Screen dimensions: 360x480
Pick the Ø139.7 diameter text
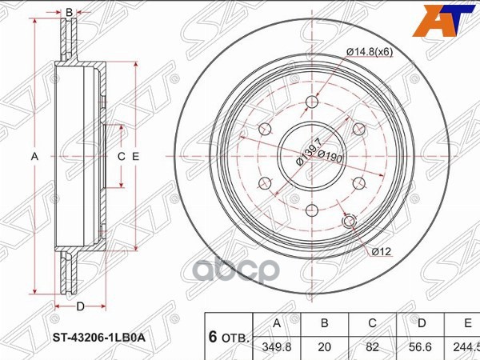pos(307,150)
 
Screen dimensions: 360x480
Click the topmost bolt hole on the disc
pos(310,102)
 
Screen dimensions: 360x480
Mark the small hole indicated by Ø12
pos(349,222)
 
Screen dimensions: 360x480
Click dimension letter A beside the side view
pos(34,157)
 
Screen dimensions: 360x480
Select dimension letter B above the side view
pos(70,12)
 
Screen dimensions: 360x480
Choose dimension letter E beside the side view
pos(136,157)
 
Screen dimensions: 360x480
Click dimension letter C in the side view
pos(122,157)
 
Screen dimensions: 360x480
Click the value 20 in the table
pos(325,348)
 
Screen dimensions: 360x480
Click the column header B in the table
pos(325,324)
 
